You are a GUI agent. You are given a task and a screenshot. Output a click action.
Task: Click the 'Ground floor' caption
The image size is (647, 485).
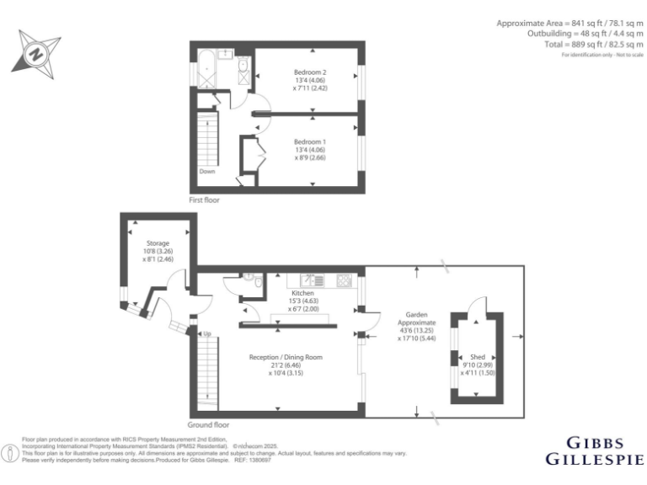pyautogui.click(x=208, y=424)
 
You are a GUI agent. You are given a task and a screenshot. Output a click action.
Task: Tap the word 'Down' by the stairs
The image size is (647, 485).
pyautogui.click(x=207, y=171)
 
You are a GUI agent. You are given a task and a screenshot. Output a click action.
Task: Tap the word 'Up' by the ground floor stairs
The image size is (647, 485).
pyautogui.click(x=206, y=334)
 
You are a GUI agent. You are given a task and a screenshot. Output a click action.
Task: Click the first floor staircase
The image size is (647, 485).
pyautogui.click(x=207, y=138)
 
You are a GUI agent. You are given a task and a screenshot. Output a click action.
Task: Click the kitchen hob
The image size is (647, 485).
pyautogui.click(x=344, y=280)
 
